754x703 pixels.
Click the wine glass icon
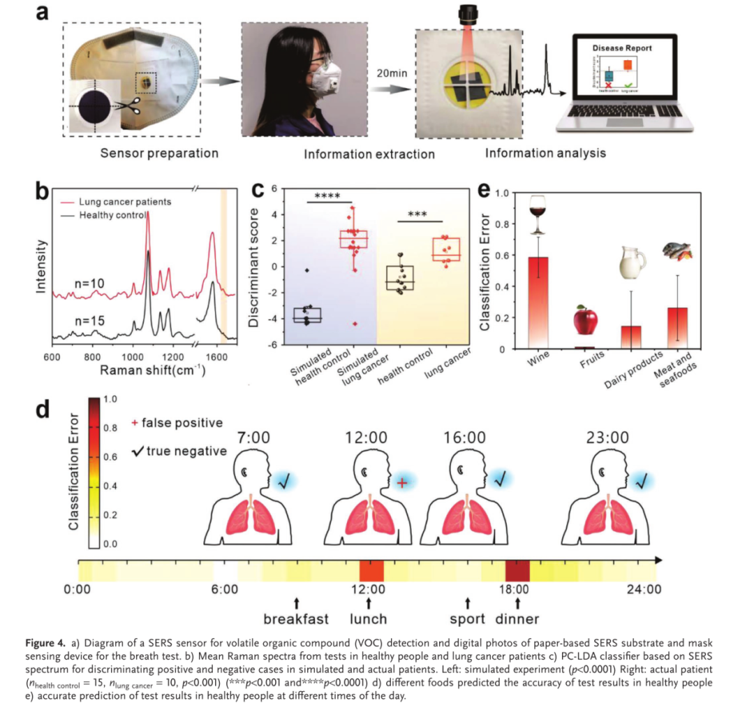pyautogui.click(x=538, y=214)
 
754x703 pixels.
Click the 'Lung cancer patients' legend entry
pyautogui.click(x=124, y=202)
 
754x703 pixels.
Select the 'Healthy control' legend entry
pyautogui.click(x=116, y=215)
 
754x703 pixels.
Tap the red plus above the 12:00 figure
pyautogui.click(x=401, y=482)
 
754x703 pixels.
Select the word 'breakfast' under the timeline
pyautogui.click(x=296, y=619)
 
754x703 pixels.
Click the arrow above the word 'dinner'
pyautogui.click(x=517, y=602)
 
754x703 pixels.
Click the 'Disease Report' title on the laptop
pyautogui.click(x=622, y=48)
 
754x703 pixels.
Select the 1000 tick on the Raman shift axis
pyautogui.click(x=134, y=356)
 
